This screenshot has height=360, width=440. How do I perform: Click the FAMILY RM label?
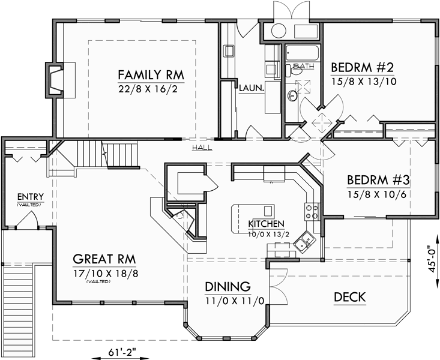[150, 75]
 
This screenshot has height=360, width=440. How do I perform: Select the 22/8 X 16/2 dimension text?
[150, 89]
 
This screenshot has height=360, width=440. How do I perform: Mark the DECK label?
[350, 297]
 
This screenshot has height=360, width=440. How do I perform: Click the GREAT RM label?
[104, 259]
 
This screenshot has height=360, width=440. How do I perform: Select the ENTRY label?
[29, 196]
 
